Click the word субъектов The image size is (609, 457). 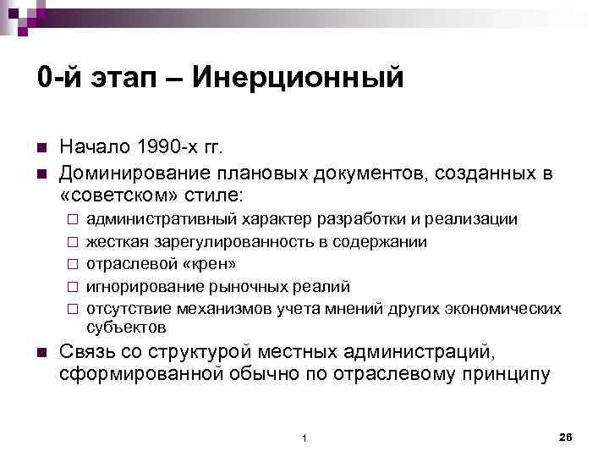[x=126, y=326]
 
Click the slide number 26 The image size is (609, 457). [x=567, y=436]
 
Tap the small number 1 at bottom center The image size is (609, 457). [x=304, y=438]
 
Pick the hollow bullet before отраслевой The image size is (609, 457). [x=74, y=265]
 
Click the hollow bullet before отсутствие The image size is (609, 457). [x=74, y=309]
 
